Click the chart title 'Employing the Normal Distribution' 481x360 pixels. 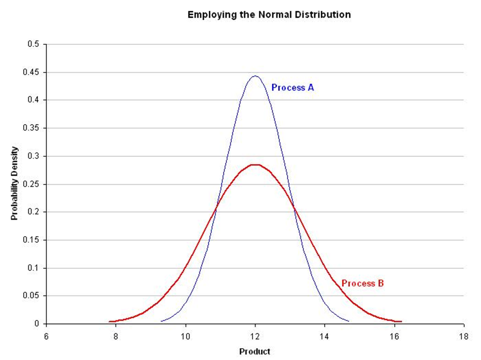click(269, 15)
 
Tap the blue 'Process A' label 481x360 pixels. click(293, 88)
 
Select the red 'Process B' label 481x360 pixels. click(363, 283)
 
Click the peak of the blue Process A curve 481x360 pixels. click(255, 76)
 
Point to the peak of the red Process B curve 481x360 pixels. click(255, 164)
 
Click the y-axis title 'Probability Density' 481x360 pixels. click(14, 184)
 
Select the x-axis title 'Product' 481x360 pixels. click(255, 352)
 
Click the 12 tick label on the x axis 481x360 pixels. click(255, 335)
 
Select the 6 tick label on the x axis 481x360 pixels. click(46, 335)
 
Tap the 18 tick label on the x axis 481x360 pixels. click(464, 335)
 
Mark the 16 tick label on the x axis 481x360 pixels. click(394, 335)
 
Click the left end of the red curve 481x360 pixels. click(110, 322)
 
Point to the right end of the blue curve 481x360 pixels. click(349, 322)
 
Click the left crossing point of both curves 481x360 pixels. click(216, 209)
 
